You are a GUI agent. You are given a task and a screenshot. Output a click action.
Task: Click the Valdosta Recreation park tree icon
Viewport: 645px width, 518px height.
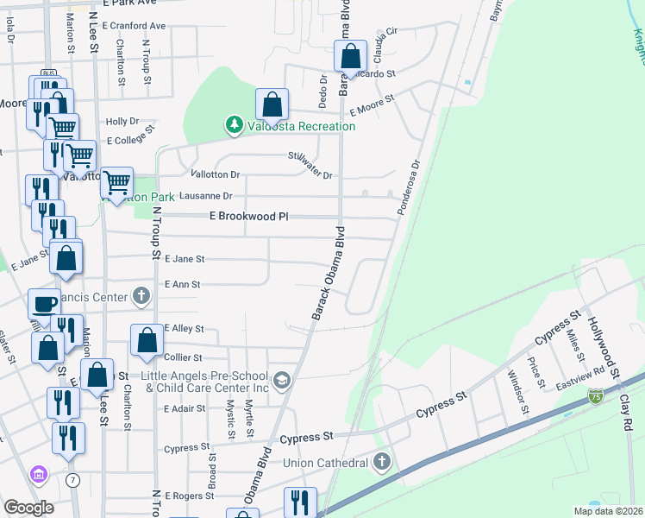pyautogui.click(x=234, y=126)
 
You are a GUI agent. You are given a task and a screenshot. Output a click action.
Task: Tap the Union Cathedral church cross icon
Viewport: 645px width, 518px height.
pyautogui.click(x=382, y=464)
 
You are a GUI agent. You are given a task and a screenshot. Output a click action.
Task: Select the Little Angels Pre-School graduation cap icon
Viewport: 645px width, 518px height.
pyautogui.click(x=281, y=381)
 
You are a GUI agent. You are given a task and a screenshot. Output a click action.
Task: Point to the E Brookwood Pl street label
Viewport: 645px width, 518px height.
pyautogui.click(x=248, y=217)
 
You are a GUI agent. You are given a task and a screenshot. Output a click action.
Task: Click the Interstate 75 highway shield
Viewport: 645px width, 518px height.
pyautogui.click(x=596, y=395)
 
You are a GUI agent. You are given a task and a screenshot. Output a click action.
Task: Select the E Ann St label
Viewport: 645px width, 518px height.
pyautogui.click(x=182, y=284)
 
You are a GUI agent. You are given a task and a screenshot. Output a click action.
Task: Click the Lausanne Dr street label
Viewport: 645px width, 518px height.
pyautogui.click(x=204, y=197)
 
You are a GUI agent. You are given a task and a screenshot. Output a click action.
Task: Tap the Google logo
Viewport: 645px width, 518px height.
pyautogui.click(x=29, y=508)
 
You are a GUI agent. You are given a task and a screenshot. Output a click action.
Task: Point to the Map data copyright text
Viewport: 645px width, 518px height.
pyautogui.click(x=608, y=511)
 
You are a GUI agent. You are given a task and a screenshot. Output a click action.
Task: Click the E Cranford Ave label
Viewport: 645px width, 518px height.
pyautogui.click(x=134, y=26)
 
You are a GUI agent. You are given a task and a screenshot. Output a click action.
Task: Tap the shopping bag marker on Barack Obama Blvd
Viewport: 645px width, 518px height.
pyautogui.click(x=351, y=58)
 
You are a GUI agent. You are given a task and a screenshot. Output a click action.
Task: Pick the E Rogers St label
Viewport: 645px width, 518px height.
pyautogui.click(x=189, y=496)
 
